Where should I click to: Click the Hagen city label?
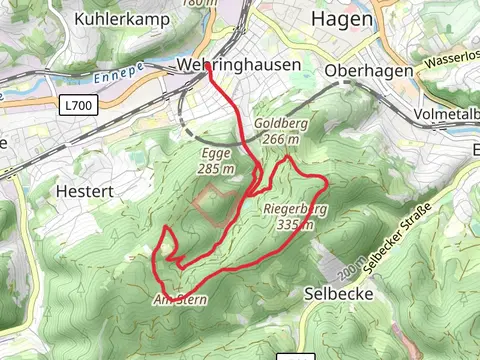tap(342, 19)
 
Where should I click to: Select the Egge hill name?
tap(216, 154)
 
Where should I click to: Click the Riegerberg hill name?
tap(296, 210)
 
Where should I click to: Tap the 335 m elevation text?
tap(295, 225)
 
